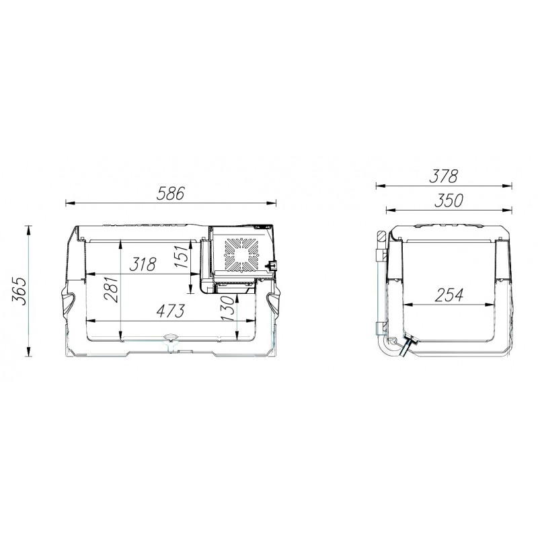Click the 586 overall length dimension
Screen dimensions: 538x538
point(171,194)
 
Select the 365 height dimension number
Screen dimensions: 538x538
point(20,291)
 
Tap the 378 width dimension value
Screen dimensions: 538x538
point(444,176)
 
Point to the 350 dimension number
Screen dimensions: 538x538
point(449,200)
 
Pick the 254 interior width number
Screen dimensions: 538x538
point(449,295)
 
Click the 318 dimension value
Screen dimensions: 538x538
point(143,264)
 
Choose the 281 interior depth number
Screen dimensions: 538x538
point(112,289)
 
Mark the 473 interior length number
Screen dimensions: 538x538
point(171,311)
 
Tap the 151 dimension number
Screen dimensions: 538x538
point(182,256)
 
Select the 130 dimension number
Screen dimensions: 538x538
point(228,309)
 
